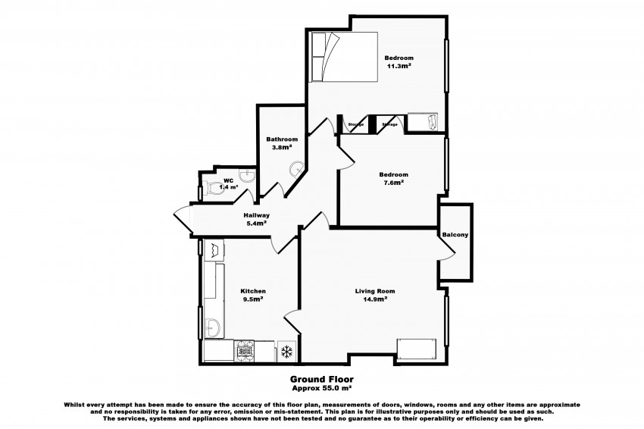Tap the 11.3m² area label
(398, 66)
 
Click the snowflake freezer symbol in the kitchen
(287, 351)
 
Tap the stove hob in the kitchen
(246, 351)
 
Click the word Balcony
(455, 235)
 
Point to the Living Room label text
(375, 291)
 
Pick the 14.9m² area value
(375, 299)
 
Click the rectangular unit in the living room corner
(417, 349)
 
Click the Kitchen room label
(252, 291)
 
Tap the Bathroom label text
(281, 139)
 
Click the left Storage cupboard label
(355, 124)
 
